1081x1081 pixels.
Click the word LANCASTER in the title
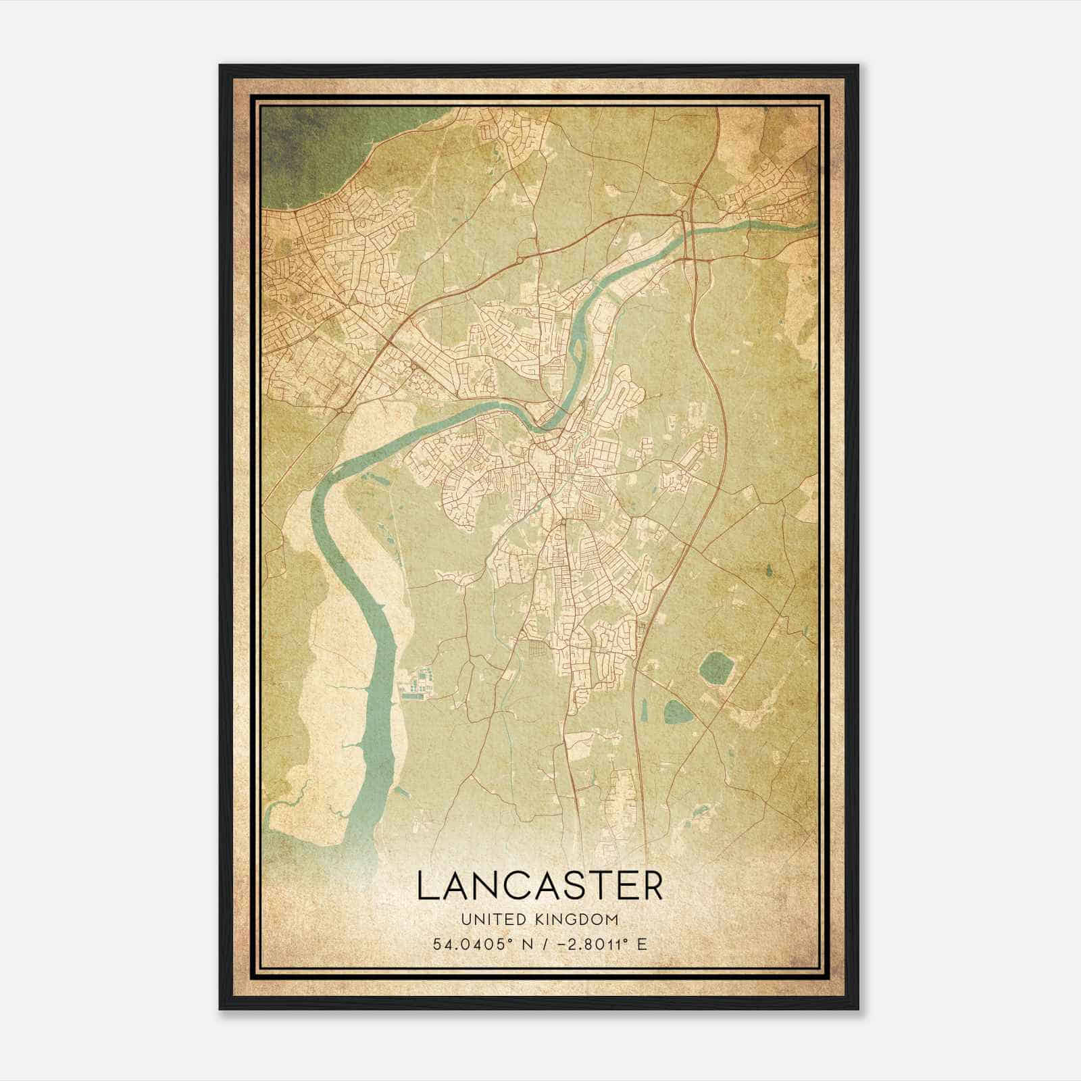[540, 886]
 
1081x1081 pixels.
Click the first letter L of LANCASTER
[426, 886]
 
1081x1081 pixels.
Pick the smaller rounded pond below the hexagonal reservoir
[674, 711]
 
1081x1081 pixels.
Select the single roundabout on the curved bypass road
[519, 259]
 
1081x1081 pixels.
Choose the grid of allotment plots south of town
[538, 651]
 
